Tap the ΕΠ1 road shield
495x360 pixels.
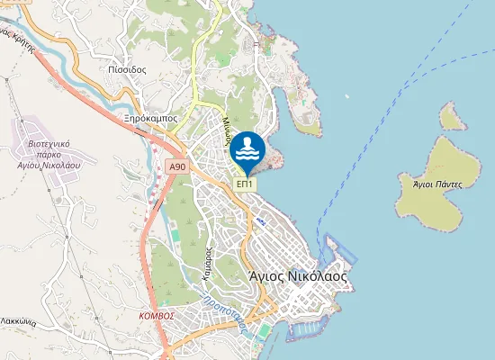click(245, 184)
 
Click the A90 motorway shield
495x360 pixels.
click(177, 166)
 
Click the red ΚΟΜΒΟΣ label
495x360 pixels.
click(157, 316)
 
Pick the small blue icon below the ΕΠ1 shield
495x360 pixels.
click(260, 220)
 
